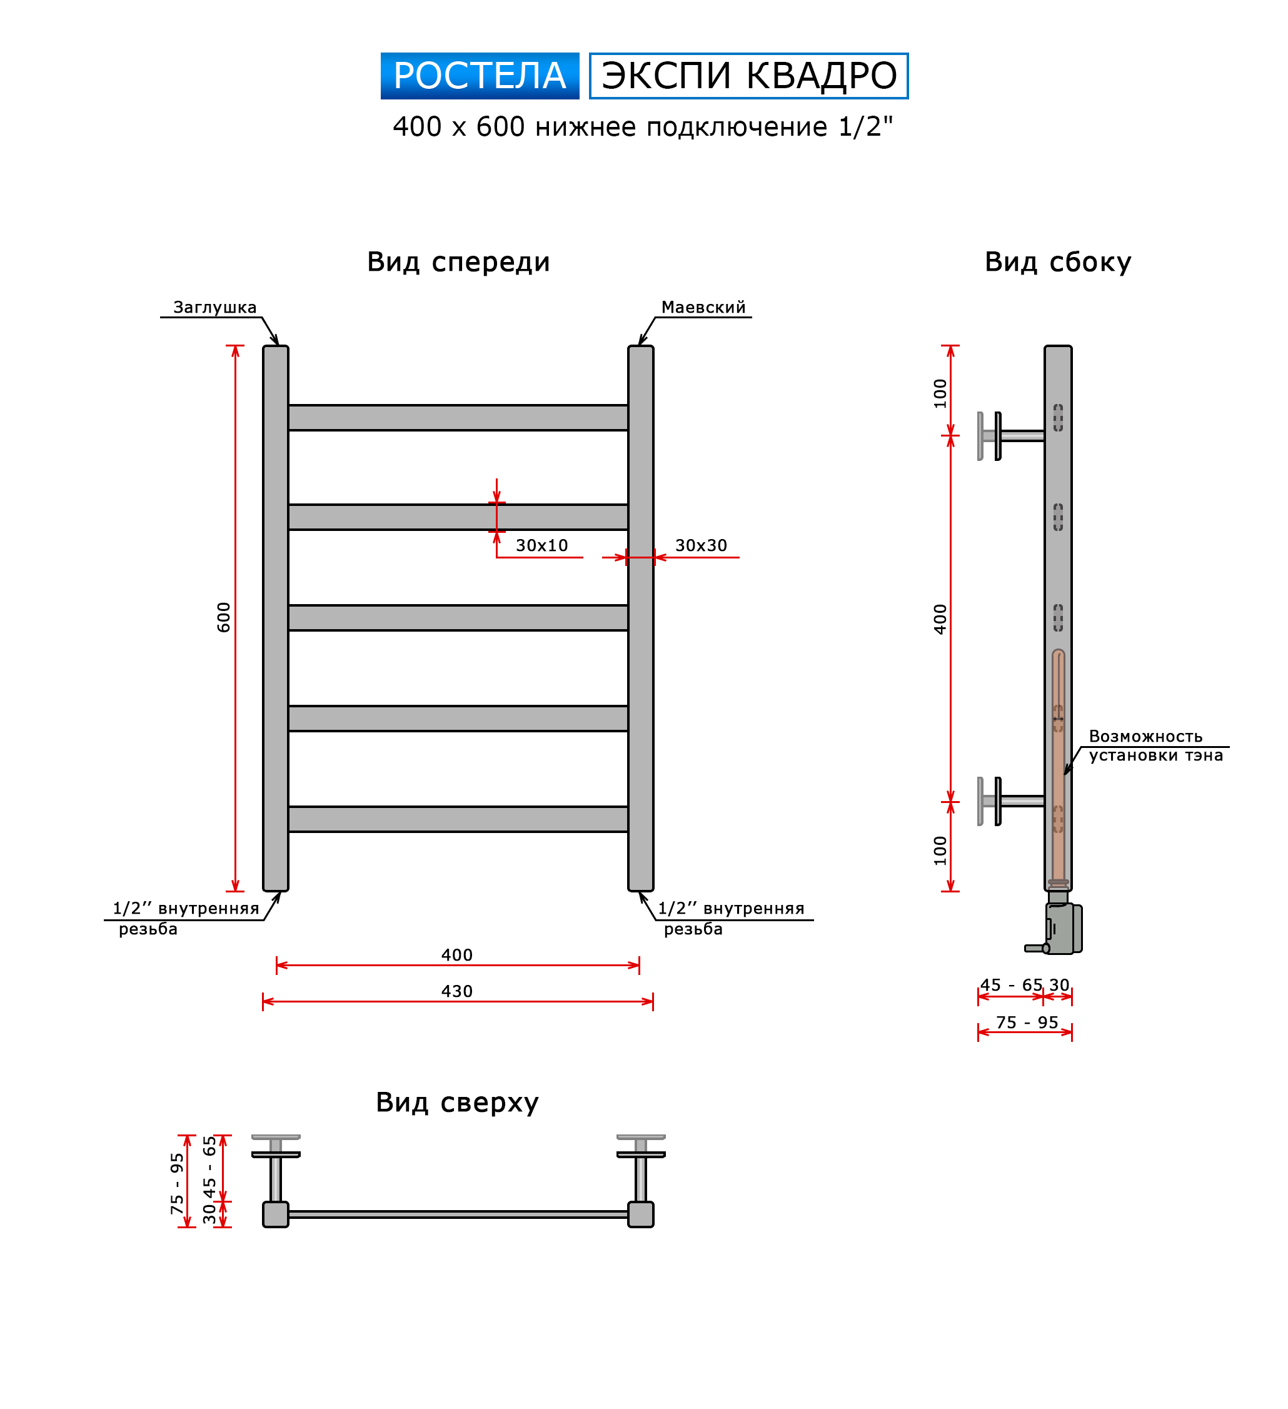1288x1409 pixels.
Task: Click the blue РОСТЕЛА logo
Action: pyautogui.click(x=480, y=76)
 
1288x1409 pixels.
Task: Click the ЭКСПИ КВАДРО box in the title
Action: pyautogui.click(x=748, y=76)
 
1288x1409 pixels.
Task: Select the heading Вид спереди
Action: pyautogui.click(x=458, y=262)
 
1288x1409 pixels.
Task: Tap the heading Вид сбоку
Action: pyautogui.click(x=1057, y=262)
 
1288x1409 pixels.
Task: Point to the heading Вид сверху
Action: pyautogui.click(x=457, y=1102)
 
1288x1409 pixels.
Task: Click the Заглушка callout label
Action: pyautogui.click(x=214, y=308)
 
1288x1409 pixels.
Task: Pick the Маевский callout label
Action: pyautogui.click(x=703, y=308)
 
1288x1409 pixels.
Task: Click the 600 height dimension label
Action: pyautogui.click(x=224, y=617)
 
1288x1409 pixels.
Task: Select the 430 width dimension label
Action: pyautogui.click(x=457, y=991)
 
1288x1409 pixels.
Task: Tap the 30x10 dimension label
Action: pyautogui.click(x=541, y=545)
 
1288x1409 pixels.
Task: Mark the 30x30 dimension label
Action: pyautogui.click(x=701, y=545)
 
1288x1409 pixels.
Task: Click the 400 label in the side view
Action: pyautogui.click(x=940, y=619)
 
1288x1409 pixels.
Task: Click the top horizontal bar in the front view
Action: pyautogui.click(x=458, y=418)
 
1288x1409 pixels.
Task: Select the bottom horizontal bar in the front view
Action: pyautogui.click(x=458, y=819)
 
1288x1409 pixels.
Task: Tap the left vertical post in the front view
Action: pyautogui.click(x=275, y=619)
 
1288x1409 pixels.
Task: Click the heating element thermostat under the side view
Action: pyautogui.click(x=1060, y=929)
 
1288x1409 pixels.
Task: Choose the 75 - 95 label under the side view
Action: pyautogui.click(x=1027, y=1023)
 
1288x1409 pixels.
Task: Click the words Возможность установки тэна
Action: pyautogui.click(x=1155, y=745)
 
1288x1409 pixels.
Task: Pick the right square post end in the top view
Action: pyautogui.click(x=640, y=1215)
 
